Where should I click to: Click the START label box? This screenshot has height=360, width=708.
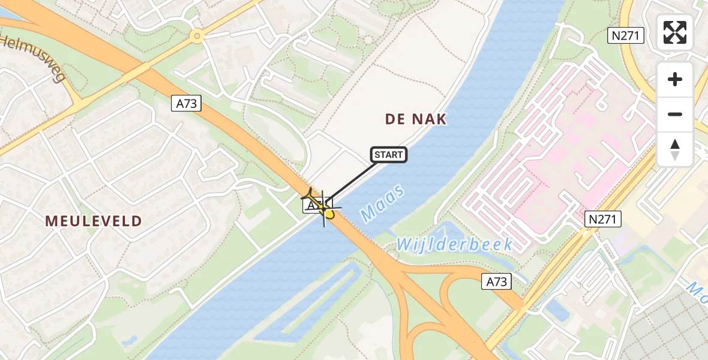[389, 155]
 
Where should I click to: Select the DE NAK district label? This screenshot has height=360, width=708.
[416, 119]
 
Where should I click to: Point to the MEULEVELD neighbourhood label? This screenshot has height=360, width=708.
[94, 221]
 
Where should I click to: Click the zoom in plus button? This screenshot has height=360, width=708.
[675, 79]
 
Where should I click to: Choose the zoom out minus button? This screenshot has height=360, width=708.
[675, 114]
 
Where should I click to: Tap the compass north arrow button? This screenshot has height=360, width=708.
[675, 149]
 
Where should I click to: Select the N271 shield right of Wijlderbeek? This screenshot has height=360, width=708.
[602, 220]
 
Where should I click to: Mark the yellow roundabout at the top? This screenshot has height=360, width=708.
[196, 37]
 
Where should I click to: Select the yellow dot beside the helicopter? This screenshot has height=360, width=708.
[329, 214]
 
